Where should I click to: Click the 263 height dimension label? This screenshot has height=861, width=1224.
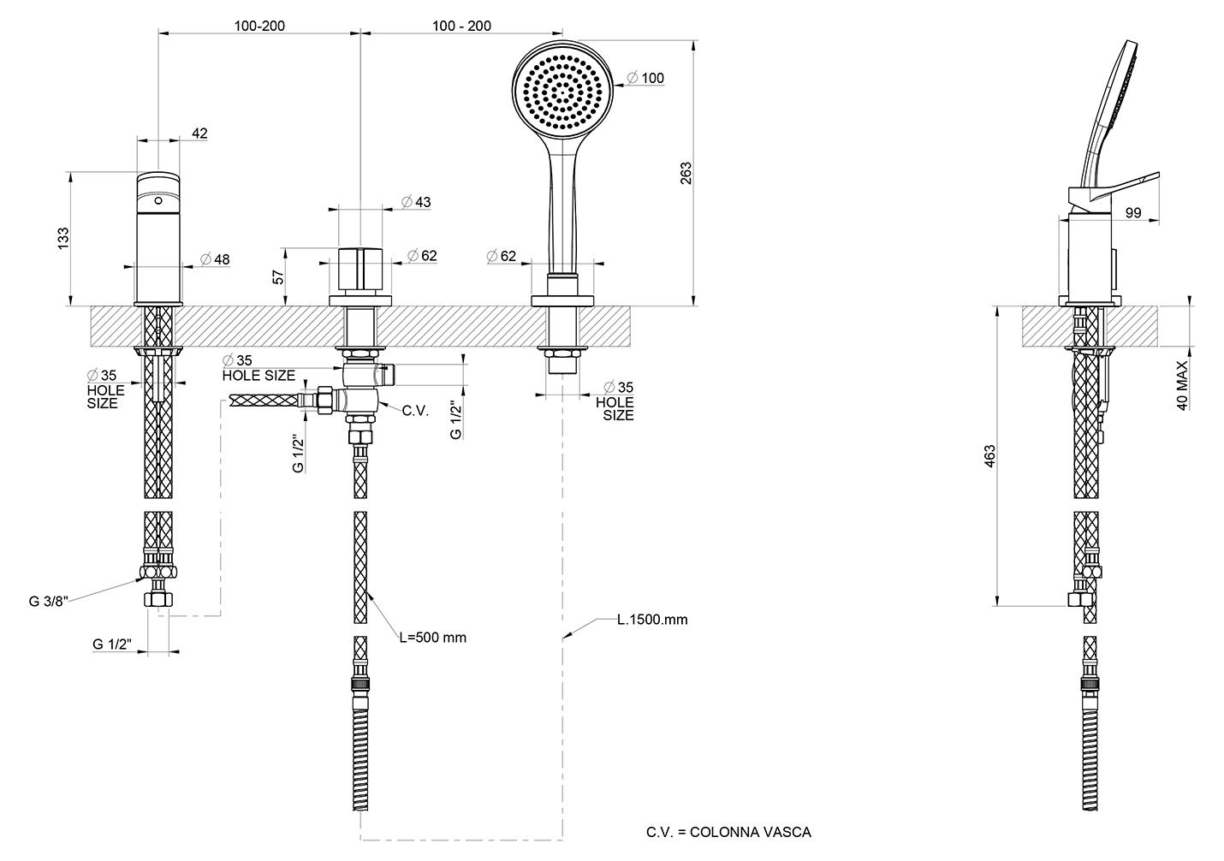(x=686, y=173)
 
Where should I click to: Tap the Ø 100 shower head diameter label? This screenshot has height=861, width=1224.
(x=645, y=78)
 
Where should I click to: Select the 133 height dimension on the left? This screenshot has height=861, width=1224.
(x=63, y=239)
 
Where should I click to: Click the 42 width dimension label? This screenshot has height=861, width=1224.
(x=200, y=134)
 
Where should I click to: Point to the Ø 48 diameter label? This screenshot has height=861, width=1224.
(x=215, y=259)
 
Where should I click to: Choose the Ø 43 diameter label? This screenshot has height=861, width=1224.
(x=416, y=202)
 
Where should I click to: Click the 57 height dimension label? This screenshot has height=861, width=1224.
(x=279, y=277)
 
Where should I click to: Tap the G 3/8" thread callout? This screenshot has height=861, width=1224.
(x=49, y=602)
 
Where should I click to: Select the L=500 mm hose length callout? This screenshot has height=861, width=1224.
(x=433, y=638)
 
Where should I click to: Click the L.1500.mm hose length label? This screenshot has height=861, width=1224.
(x=652, y=620)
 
